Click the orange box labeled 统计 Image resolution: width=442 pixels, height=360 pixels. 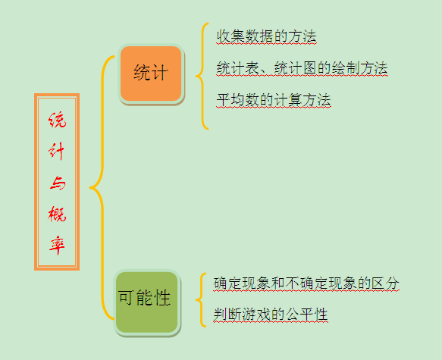coord(152,74)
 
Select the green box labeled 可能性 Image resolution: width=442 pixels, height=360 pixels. coord(147,302)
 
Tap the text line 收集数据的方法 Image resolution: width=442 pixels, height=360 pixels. coord(266,36)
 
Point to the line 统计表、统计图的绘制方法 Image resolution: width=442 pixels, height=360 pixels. coord(302,68)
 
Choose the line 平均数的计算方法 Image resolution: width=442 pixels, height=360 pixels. coord(274,100)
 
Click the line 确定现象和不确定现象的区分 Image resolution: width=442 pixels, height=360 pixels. coord(306,283)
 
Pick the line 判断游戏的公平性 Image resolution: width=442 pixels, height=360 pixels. coord(271,315)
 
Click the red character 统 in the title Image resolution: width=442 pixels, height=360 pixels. coord(57,120)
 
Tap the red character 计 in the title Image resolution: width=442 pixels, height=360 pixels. coord(57,151)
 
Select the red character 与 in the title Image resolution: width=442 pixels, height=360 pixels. coord(58,183)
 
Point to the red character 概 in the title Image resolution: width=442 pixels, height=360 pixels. coord(57,214)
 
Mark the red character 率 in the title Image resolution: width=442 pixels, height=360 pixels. coord(57,246)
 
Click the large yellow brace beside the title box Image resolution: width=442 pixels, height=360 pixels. coord(102,188)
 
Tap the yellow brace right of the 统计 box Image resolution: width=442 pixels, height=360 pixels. coord(202,76)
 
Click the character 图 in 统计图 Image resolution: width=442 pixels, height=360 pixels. coord(309,68)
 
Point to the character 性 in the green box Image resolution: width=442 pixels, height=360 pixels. coord(161,298)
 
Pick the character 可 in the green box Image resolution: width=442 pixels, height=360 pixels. coord(126,298)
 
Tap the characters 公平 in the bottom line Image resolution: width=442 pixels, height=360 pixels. coord(299,315)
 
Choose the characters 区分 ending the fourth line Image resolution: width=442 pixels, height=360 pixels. coord(385,283)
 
